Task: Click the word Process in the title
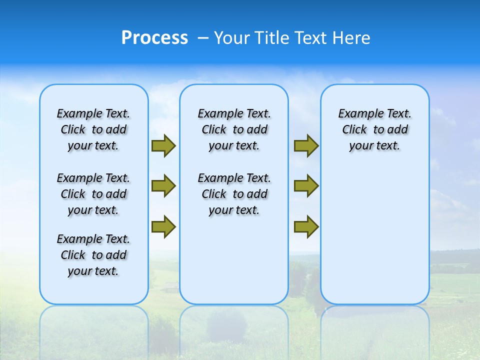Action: click(154, 38)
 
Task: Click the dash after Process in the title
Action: click(203, 38)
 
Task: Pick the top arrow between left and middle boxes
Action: click(163, 146)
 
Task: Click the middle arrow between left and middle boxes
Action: click(163, 186)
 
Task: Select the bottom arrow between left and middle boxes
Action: click(163, 226)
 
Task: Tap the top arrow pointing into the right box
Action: click(306, 146)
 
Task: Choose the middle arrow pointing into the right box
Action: click(306, 186)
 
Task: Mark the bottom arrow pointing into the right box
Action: click(306, 226)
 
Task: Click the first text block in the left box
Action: click(93, 129)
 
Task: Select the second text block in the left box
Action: click(93, 194)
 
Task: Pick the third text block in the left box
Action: click(93, 255)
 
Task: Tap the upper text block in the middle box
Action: click(234, 129)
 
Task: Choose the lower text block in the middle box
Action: click(234, 194)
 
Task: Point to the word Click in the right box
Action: click(354, 129)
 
